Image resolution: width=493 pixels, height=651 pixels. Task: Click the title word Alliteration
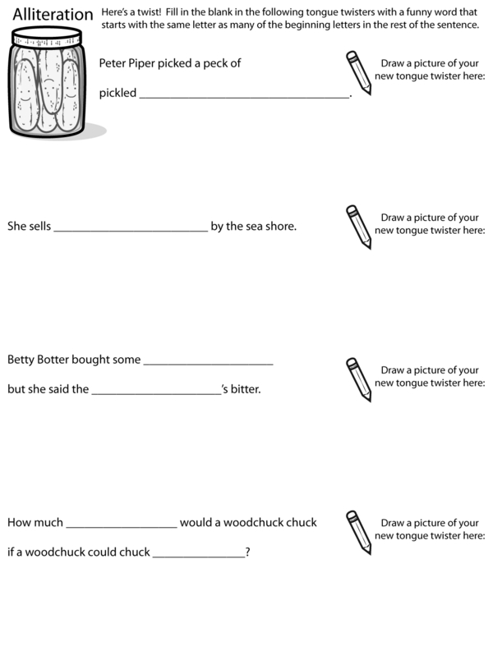[x=53, y=16]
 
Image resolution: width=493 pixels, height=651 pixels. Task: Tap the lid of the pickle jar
[x=47, y=39]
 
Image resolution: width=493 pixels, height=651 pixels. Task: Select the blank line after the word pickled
[x=245, y=97]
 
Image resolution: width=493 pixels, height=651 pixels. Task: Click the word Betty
[x=22, y=360]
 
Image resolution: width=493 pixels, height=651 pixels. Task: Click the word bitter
[x=245, y=389]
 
